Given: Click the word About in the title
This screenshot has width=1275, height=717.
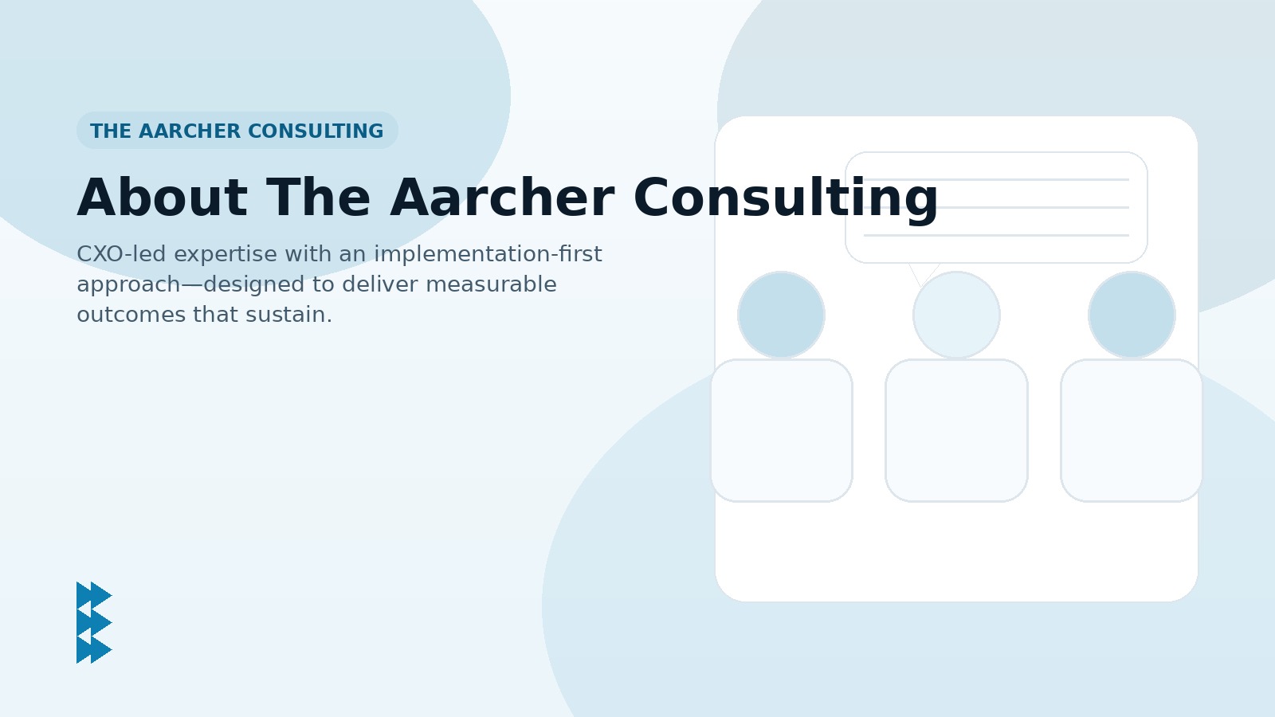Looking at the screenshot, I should (x=162, y=198).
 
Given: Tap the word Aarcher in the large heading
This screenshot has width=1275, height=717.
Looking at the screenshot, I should (x=502, y=198).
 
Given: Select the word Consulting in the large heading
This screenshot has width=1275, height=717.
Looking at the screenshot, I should (x=786, y=198).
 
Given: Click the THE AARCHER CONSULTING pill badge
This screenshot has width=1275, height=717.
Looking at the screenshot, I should (x=237, y=131).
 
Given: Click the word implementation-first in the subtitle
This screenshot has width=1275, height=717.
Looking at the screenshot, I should (x=488, y=254).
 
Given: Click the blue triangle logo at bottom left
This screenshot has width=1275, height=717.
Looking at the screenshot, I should (x=94, y=622).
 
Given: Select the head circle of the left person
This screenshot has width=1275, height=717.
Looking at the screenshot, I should (x=781, y=315).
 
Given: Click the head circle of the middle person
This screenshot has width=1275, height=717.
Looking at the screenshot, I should (x=956, y=315).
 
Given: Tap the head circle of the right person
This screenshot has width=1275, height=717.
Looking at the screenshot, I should (x=1132, y=315).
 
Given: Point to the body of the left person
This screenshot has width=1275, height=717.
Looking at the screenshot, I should (x=781, y=430).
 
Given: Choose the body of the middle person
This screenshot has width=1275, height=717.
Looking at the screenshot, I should (x=956, y=430).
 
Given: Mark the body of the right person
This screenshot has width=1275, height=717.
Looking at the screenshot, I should (x=1132, y=430).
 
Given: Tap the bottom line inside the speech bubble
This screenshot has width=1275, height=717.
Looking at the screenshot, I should (x=996, y=235).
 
